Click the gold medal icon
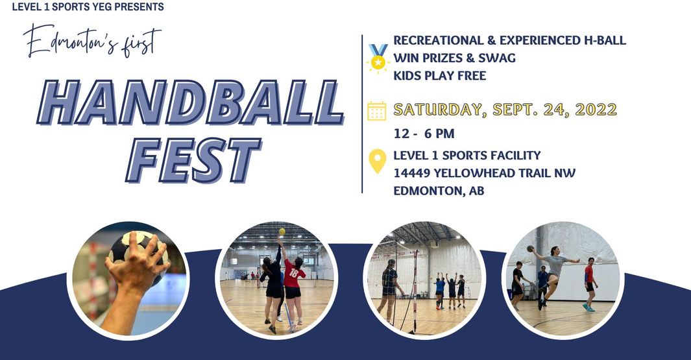[378, 58]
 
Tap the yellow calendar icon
[377, 111]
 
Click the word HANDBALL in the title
[190, 103]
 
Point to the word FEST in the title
[193, 160]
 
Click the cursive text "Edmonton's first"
[92, 41]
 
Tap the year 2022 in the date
[596, 109]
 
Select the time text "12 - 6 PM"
[424, 134]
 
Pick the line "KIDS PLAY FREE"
[440, 76]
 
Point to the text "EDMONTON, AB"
[439, 191]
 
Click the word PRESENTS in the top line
[139, 7]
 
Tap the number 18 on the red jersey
[293, 272]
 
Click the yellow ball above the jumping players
[282, 232]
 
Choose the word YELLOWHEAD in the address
[474, 173]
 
